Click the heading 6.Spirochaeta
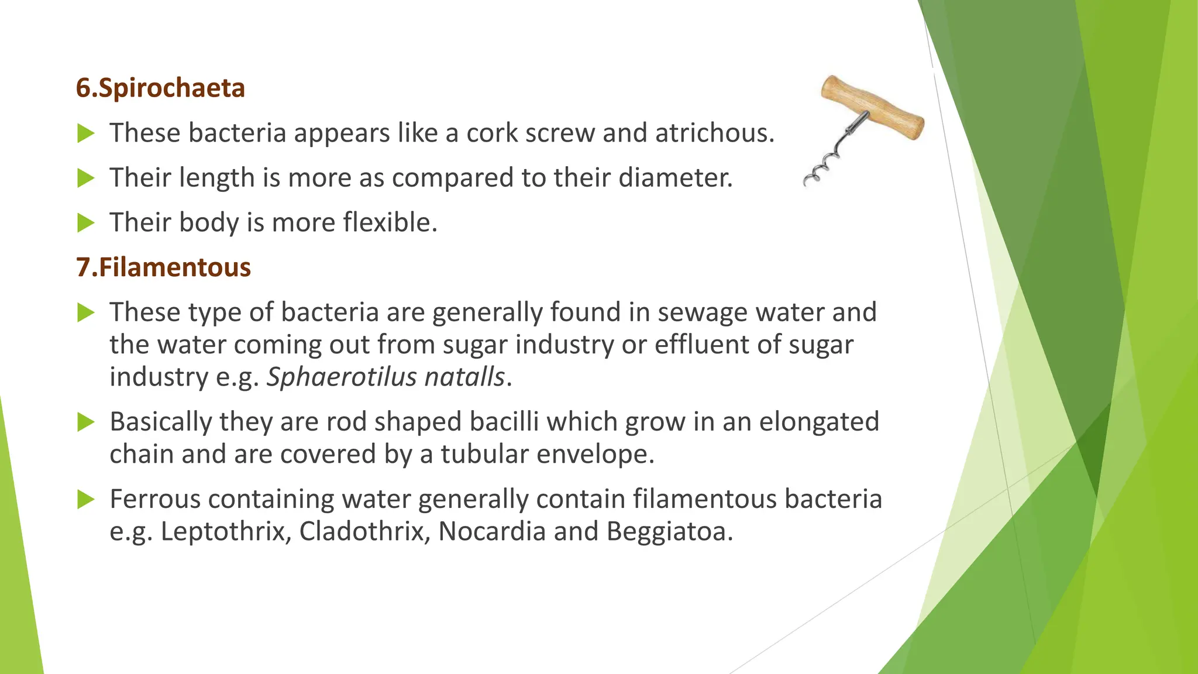[160, 88]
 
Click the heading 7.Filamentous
[163, 267]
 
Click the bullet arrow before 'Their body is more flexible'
[85, 223]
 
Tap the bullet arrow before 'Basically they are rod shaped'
[85, 422]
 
